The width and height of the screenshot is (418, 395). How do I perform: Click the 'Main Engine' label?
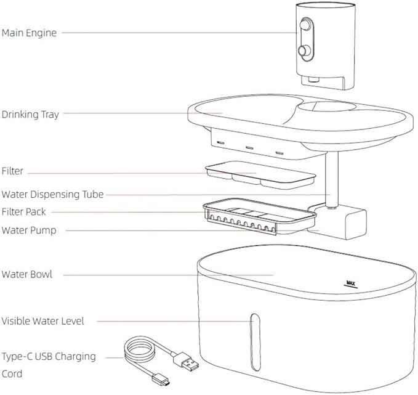tap(29, 33)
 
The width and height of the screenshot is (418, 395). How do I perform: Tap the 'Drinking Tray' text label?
tap(30, 114)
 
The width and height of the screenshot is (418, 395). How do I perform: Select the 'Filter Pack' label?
tap(24, 212)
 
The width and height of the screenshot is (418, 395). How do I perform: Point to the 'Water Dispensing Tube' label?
tap(52, 194)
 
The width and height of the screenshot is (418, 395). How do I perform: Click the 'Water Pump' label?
tap(30, 230)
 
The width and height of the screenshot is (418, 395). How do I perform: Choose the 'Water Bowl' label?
tap(27, 274)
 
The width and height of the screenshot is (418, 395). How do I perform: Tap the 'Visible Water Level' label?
tap(43, 320)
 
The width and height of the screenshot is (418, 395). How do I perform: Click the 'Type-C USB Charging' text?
tap(49, 356)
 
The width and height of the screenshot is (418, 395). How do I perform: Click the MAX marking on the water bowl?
tap(351, 284)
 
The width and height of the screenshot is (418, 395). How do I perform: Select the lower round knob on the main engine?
tap(303, 50)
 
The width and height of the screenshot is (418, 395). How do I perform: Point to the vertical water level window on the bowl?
tap(253, 336)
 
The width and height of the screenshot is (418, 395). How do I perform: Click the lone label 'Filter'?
tap(13, 171)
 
